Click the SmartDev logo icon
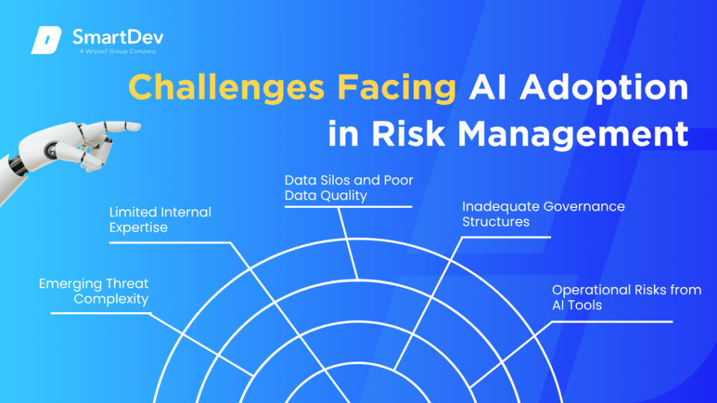pos(46,40)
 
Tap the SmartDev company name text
pos(118,37)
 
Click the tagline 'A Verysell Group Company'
pos(118,51)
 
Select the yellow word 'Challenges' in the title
pos(227,87)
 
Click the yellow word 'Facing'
pos(397,87)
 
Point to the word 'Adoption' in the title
pos(604,87)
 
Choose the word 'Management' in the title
pos(573,134)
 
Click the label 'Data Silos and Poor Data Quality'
pos(349,188)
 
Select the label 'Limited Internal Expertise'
pos(160,220)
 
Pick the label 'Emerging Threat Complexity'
pos(94,291)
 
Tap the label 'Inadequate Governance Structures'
pos(543,214)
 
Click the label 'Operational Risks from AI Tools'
pos(627,297)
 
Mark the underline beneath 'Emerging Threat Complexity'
pos(101,313)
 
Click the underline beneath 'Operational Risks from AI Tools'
pos(612,322)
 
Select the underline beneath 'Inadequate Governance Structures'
pos(506,238)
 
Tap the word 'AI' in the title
pos(488,87)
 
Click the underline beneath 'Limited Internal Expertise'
pos(169,243)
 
